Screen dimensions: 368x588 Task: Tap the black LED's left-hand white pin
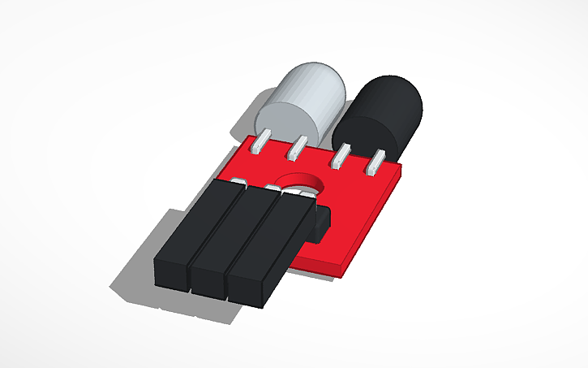coord(341,156)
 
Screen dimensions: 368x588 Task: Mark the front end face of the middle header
coord(208,281)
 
